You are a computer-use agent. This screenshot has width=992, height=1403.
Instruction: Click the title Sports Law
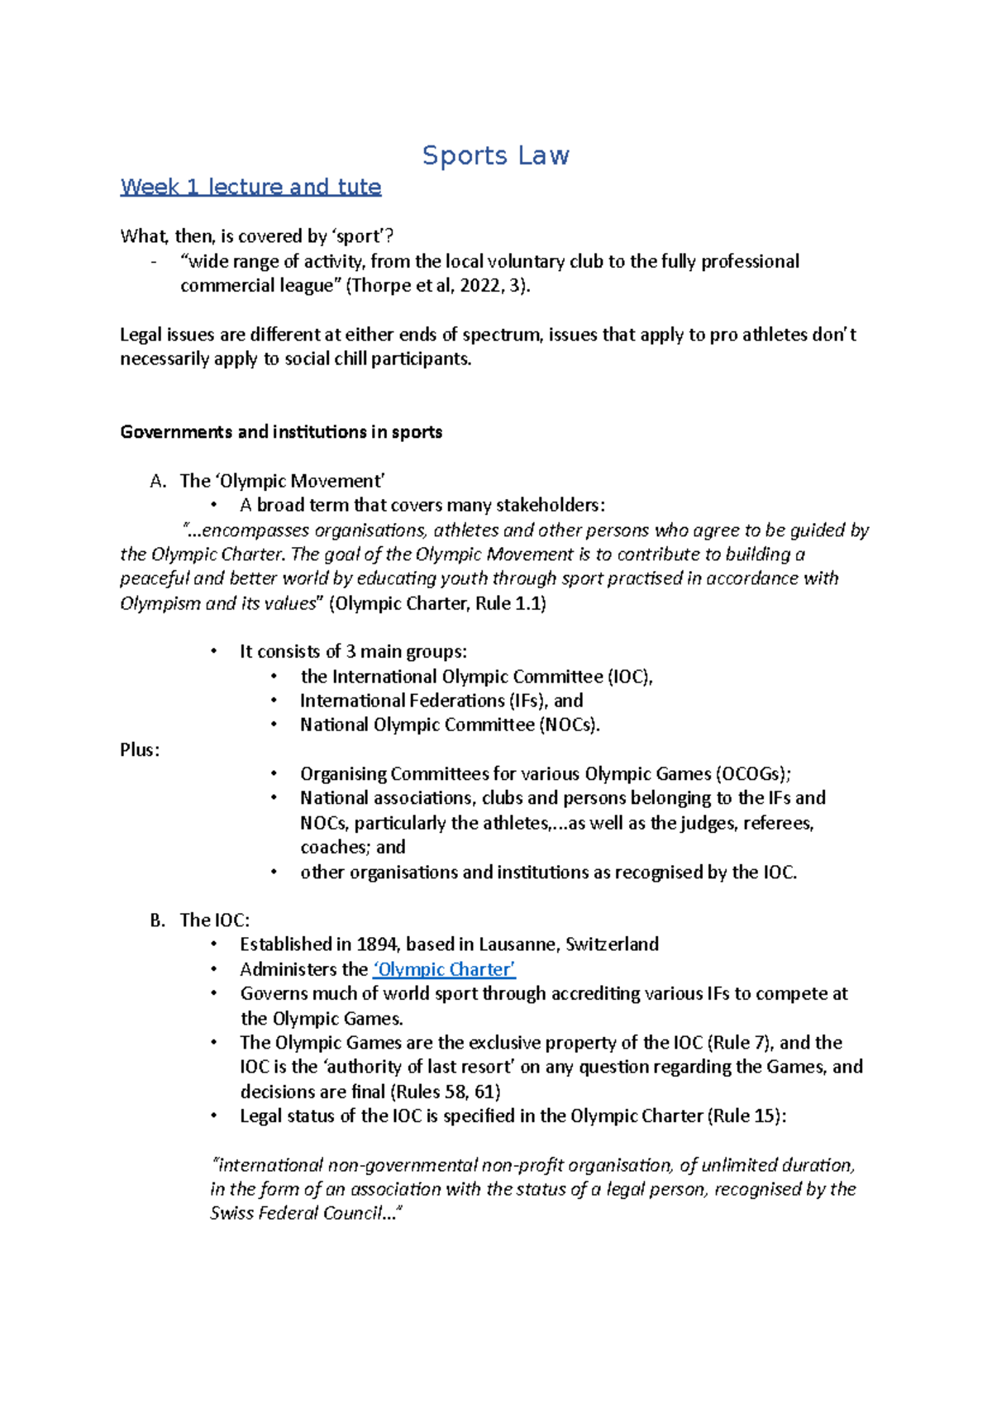[495, 155]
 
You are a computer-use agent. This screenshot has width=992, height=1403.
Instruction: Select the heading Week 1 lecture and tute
[250, 187]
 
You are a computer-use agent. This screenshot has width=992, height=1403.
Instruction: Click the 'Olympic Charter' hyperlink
[444, 969]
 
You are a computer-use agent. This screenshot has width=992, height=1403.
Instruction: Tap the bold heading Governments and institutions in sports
[281, 432]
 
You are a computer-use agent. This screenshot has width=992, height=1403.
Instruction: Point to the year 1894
[378, 944]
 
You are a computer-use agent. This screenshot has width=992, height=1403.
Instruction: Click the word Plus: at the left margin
[140, 750]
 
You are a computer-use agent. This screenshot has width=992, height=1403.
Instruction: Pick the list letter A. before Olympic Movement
[159, 481]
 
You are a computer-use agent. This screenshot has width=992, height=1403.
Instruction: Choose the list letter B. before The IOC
[159, 920]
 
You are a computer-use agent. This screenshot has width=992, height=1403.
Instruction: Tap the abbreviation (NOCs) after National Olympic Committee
[568, 725]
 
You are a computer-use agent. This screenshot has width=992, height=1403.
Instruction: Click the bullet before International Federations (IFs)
[274, 701]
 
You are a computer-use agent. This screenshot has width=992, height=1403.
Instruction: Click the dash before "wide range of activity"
[155, 262]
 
